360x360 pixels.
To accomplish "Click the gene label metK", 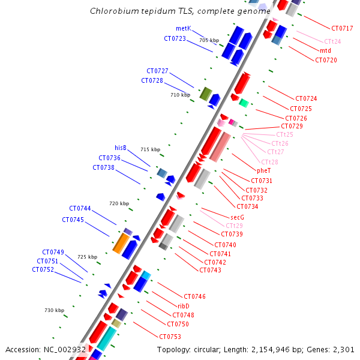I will click(x=183, y=28).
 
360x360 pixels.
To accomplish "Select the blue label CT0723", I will click(x=175, y=38).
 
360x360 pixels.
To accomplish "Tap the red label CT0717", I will click(x=342, y=28).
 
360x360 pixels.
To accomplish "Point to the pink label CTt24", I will click(x=332, y=41).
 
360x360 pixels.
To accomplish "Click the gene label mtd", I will click(x=325, y=50).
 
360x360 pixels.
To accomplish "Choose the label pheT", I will click(x=264, y=171).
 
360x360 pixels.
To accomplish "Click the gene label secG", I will click(x=237, y=217).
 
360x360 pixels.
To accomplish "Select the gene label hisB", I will click(x=121, y=147).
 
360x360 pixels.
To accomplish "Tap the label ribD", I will click(x=184, y=306).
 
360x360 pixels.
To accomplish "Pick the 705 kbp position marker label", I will click(x=209, y=40).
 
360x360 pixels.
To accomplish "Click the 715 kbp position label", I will click(x=151, y=149).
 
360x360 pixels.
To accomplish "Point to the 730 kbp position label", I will click(x=54, y=310).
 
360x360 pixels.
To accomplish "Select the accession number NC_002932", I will click(x=65, y=349).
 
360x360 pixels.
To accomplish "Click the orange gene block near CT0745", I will click(x=120, y=244).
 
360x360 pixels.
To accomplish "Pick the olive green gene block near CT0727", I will click(x=205, y=94).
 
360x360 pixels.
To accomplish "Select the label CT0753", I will click(x=170, y=337).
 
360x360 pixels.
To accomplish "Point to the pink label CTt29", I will click(x=234, y=226).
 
